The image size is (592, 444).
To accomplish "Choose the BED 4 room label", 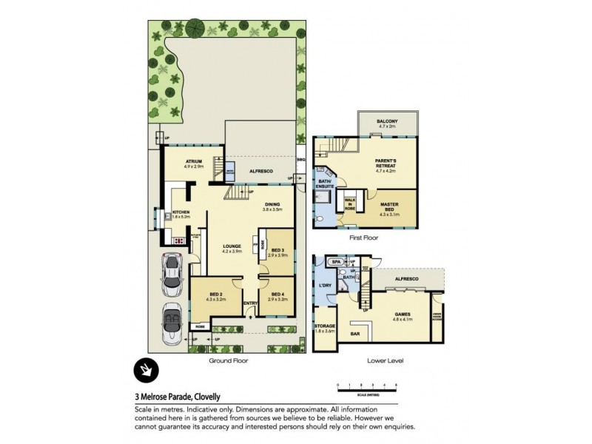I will [277, 297].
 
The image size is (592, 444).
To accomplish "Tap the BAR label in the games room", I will [355, 334].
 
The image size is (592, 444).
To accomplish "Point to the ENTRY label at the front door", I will [249, 302].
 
